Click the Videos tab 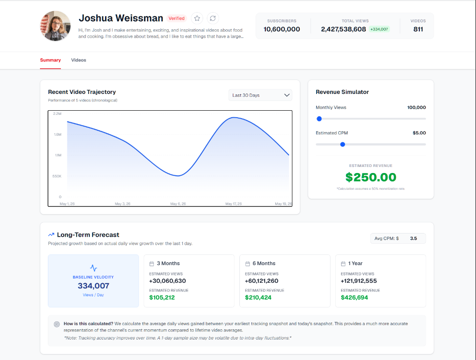pos(79,60)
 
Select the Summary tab pos(50,60)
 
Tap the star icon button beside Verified pos(197,18)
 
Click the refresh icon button pos(213,18)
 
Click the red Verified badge pos(176,18)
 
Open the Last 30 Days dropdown pos(260,95)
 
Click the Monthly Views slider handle pos(319,119)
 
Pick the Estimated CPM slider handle pos(343,144)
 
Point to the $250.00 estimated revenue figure pos(370,177)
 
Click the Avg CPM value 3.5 pos(413,239)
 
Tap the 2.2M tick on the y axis pos(57,113)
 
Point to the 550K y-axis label pos(57,176)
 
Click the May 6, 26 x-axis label pos(178,204)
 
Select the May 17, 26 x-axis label pos(233,204)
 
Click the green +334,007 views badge pos(379,29)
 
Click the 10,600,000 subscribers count pos(282,29)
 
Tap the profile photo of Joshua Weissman pos(55,26)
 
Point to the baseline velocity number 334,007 pos(93,286)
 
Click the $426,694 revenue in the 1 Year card pos(354,297)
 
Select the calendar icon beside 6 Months pos(247,264)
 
